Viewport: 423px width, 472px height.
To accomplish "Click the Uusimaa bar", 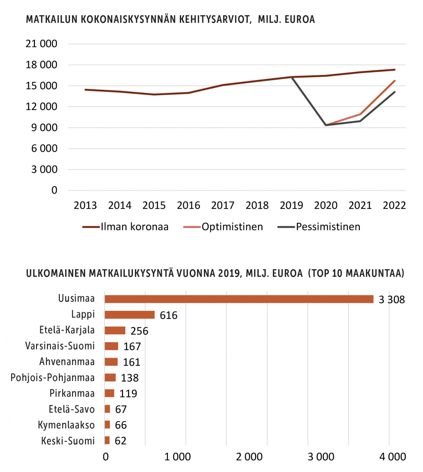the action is (x=239, y=299).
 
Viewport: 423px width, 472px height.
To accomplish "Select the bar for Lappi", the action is (x=130, y=315).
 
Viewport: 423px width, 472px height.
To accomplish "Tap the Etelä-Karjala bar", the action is (x=115, y=330).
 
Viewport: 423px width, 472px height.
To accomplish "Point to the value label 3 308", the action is (x=392, y=300).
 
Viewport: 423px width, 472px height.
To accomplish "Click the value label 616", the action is (x=169, y=315).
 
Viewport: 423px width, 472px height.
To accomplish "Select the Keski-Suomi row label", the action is (x=68, y=441).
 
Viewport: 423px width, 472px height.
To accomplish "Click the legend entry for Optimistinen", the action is (x=223, y=227).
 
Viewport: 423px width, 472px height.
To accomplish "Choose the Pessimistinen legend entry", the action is (x=319, y=227).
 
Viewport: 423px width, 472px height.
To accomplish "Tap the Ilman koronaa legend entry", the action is (x=125, y=227).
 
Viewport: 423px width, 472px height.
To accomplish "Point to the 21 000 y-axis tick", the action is (x=41, y=44).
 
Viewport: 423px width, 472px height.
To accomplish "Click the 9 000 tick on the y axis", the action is (x=44, y=128).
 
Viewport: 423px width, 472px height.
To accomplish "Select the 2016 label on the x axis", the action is (x=188, y=205).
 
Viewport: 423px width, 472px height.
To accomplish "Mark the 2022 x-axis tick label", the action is (x=394, y=205).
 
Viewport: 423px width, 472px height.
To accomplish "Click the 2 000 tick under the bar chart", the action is (x=249, y=457).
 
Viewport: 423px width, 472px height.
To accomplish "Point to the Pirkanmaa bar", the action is (x=109, y=393).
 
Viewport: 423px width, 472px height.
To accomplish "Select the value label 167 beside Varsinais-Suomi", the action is (x=132, y=346).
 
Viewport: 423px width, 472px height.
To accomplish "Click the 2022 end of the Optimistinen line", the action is (x=395, y=81).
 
